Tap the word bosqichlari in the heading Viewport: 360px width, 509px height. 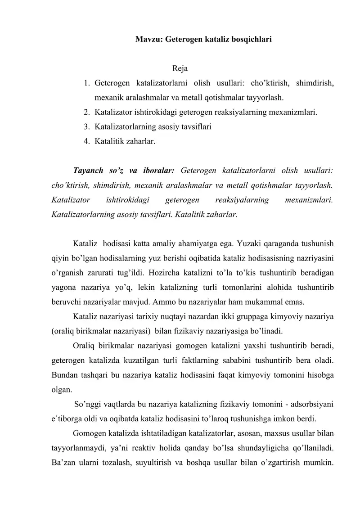(251, 40)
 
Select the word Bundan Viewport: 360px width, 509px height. (64, 375)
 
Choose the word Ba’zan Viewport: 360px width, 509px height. (63, 462)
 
